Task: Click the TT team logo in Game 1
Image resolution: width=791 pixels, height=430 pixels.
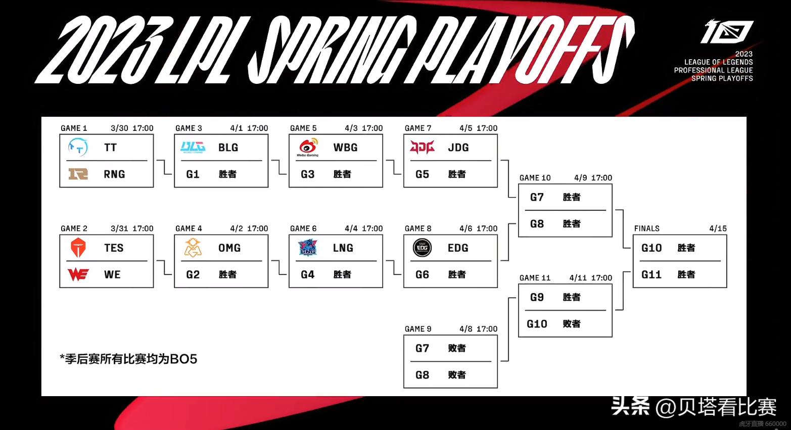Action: pos(78,147)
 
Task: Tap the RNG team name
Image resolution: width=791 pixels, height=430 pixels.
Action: pos(114,174)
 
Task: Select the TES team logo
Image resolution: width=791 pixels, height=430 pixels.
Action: pos(78,248)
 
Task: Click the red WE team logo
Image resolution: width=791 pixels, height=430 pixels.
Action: pos(78,274)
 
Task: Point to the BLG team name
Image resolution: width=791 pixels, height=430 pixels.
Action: pos(228,148)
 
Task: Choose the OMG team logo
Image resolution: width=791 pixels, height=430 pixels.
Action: pos(193,248)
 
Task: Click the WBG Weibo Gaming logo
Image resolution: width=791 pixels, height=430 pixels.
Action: pos(308,147)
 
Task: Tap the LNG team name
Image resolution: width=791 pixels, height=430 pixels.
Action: pos(343,248)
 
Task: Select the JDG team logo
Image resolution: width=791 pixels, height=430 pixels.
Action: pos(422,147)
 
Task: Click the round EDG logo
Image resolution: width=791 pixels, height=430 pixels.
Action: pos(422,248)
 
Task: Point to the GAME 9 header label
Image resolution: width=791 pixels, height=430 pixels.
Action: pos(418,329)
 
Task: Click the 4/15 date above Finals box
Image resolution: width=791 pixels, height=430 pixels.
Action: pos(718,229)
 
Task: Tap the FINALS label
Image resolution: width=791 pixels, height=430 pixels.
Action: pos(647,229)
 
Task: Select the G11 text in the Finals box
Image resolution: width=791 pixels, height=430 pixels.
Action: pos(651,275)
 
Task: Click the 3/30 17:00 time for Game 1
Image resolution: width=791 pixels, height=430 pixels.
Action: pos(132,128)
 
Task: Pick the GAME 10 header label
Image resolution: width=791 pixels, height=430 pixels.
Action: pos(535,178)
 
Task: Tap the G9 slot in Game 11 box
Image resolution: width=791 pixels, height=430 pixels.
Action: pos(537,298)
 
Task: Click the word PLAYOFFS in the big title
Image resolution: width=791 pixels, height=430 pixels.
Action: pos(526,51)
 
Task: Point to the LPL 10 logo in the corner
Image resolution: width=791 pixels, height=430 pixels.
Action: pos(727,31)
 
